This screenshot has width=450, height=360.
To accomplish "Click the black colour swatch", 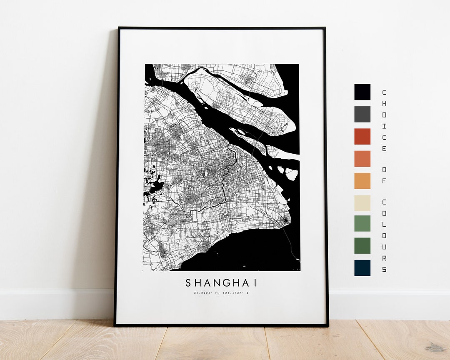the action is coord(362,92).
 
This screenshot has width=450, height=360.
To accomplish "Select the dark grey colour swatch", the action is coord(362,114).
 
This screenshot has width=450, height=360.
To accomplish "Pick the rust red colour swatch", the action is coord(362,136).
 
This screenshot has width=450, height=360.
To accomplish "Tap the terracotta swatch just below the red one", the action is coord(362,158).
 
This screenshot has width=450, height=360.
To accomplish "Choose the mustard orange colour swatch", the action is coord(362,181).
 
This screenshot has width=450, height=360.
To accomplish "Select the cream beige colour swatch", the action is coord(362,203).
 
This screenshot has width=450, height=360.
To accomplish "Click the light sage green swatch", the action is coord(362,223).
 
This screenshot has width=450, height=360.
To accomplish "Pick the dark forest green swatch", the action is coord(362,245).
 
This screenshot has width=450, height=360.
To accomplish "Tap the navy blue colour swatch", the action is coord(362,267).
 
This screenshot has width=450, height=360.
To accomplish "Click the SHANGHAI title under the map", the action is coord(221,283).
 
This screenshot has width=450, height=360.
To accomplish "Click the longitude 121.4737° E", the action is coord(236,293).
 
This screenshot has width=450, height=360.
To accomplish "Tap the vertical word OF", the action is coord(384,175).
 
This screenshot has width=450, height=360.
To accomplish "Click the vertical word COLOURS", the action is coord(384,235).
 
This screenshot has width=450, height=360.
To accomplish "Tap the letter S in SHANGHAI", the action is coord(188,283).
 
